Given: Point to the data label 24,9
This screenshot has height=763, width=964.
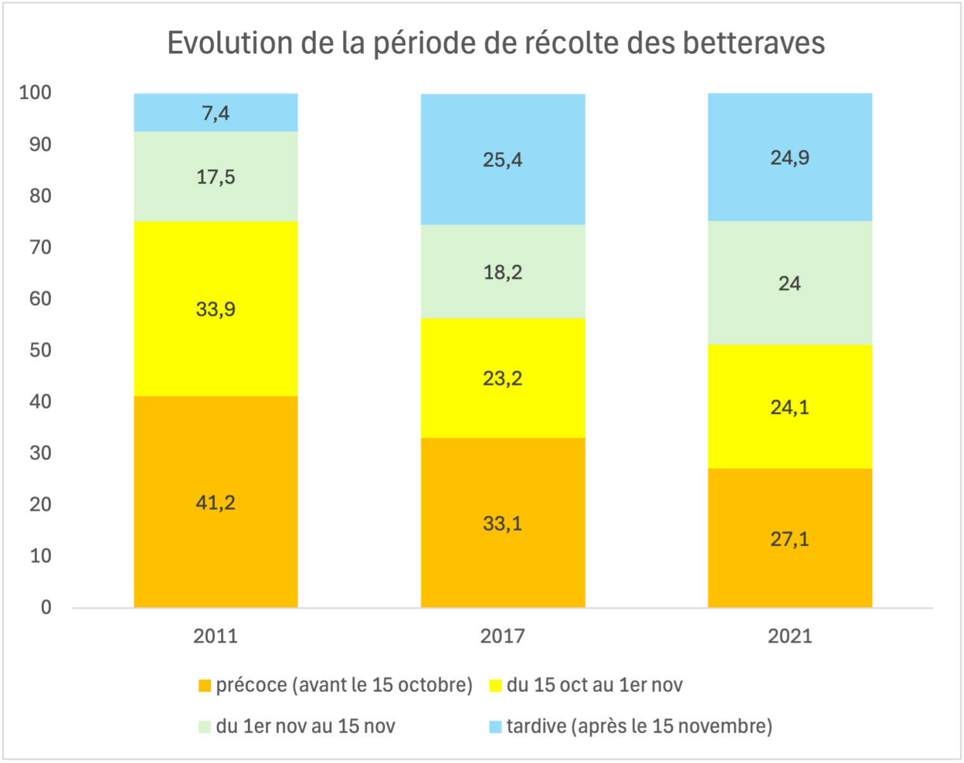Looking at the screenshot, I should click(x=790, y=158).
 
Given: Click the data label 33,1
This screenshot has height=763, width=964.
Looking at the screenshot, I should click(x=503, y=524).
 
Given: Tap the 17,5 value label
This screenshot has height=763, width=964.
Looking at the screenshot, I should click(x=215, y=177).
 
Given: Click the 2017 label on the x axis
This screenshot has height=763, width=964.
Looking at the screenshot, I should click(x=503, y=636).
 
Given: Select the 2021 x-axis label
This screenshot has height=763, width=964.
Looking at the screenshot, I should click(x=790, y=636).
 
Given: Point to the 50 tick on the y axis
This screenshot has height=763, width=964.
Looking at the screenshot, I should click(x=40, y=350).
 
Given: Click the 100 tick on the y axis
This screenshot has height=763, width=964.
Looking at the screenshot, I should click(x=35, y=93).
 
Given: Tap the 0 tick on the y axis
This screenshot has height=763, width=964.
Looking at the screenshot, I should click(x=46, y=608).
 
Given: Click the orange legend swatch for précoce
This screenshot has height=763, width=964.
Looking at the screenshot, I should click(x=205, y=686).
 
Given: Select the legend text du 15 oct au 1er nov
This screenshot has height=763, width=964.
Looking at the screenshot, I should click(x=594, y=685).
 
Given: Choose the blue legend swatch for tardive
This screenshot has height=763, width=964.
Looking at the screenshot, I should click(x=496, y=727).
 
